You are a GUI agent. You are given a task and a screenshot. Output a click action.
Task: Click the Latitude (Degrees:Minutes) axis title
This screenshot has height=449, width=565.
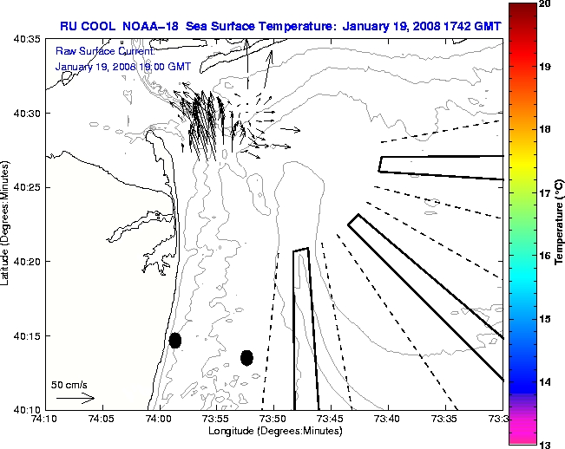(x=7, y=224)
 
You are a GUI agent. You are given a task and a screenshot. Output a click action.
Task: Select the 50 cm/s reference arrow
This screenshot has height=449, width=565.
(x=76, y=398)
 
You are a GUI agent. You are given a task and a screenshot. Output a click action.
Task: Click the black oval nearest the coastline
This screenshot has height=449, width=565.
(x=175, y=340)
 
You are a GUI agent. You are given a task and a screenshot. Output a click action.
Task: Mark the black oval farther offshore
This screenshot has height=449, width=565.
(x=246, y=357)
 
